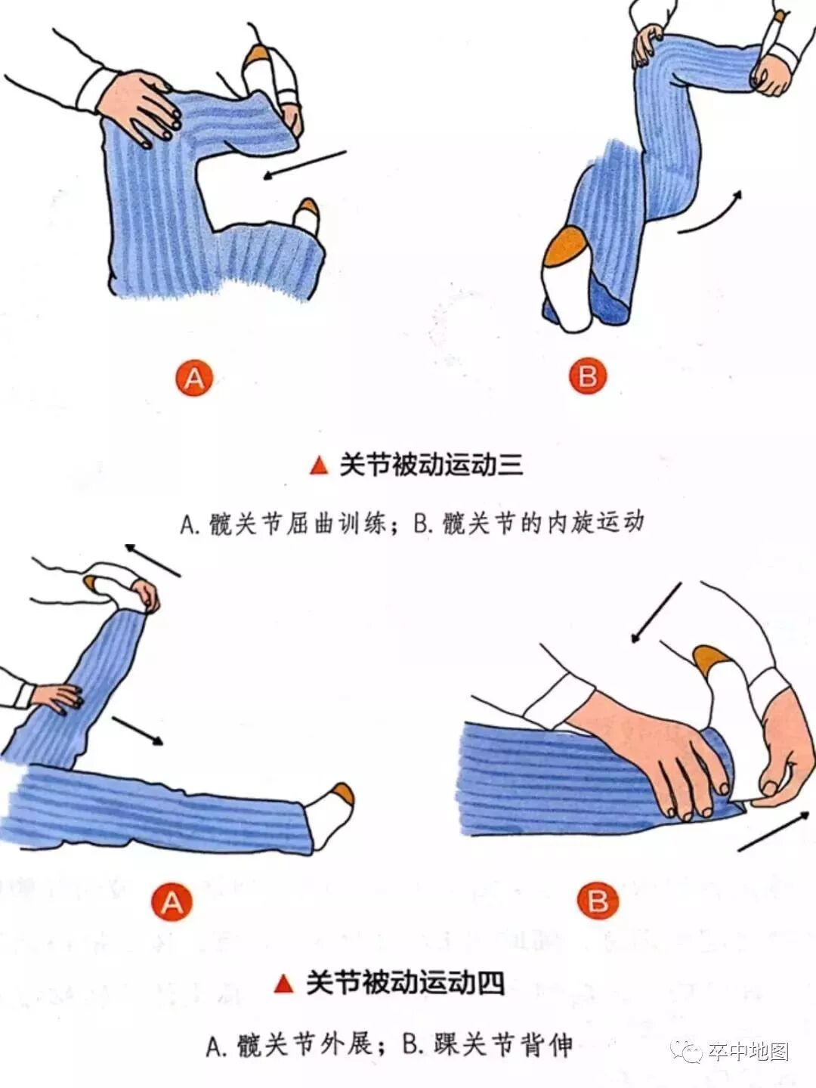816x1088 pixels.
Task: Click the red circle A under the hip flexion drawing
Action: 193,379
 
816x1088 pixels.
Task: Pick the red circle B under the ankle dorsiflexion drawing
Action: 598,901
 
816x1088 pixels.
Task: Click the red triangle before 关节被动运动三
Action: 320,466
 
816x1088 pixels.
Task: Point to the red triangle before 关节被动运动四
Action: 284,984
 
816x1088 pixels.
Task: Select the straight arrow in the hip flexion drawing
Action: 304,165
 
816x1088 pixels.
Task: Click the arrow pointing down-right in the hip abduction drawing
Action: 138,731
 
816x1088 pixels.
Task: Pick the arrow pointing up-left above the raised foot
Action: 153,560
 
